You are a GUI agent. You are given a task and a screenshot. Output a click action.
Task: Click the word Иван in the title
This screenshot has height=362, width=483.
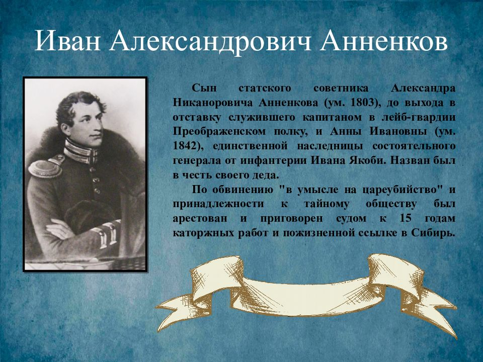coord(68,42)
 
